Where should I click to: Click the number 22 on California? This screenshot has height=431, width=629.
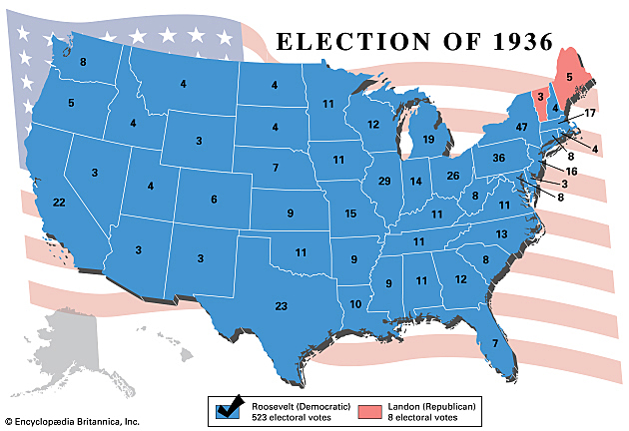[59, 203]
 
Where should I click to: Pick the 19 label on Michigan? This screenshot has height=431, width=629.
[428, 140]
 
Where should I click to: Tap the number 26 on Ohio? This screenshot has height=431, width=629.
[452, 176]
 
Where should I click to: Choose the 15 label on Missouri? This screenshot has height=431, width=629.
[350, 215]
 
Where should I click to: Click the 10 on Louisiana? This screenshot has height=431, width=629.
[356, 303]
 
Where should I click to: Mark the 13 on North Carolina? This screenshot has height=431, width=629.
[501, 233]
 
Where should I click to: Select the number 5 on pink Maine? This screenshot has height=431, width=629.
[570, 76]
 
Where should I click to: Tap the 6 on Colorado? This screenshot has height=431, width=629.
[213, 200]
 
